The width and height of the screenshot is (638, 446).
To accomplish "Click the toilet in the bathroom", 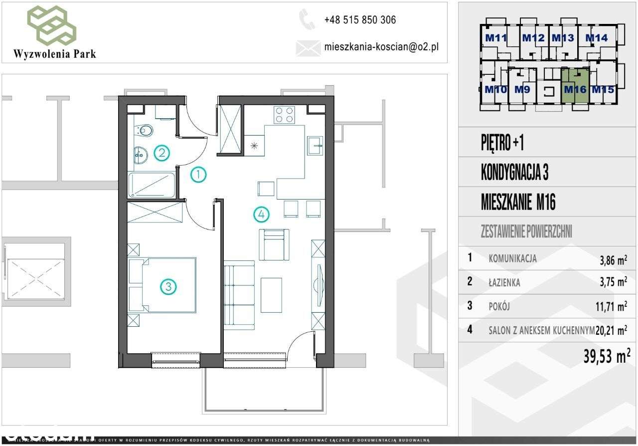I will coord(144,130).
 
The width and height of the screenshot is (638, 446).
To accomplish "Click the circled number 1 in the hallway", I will coord(198,175).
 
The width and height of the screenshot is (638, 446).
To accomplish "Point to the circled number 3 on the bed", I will coord(168,286).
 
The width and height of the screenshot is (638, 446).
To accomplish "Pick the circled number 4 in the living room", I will coord(261,215).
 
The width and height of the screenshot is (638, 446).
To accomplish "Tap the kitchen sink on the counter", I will coord(316,145).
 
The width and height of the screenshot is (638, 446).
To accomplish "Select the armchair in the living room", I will coord(274,244).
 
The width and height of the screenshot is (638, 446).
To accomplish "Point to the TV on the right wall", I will coord(318,285).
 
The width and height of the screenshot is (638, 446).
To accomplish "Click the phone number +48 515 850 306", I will coord(360,20).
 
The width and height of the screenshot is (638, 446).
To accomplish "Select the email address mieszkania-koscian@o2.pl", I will coord(381,47).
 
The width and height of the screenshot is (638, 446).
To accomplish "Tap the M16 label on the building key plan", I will coord(575,90).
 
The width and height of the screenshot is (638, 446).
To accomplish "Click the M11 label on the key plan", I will coord(496,37).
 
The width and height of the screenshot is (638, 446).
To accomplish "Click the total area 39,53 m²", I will coord(606,356).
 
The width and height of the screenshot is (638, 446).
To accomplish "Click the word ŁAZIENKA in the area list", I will coord(504,283).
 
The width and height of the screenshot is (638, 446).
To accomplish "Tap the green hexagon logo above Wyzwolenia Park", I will coord(52,24).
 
